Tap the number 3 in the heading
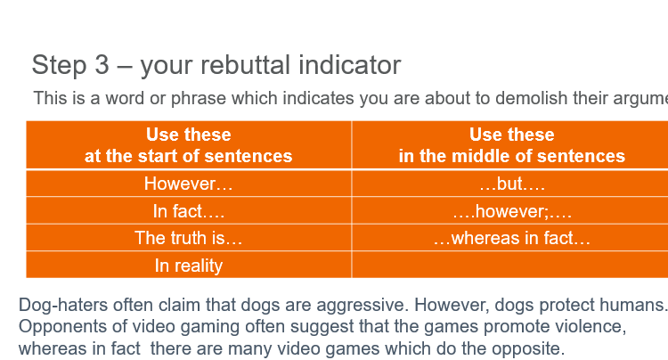[102, 65]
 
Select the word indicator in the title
[350, 65]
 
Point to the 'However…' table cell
[189, 184]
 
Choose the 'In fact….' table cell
[189, 211]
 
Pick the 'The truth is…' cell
[189, 238]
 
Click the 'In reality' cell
[189, 265]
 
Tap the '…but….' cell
[512, 184]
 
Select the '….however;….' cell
[512, 211]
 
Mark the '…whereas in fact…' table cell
[512, 238]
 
